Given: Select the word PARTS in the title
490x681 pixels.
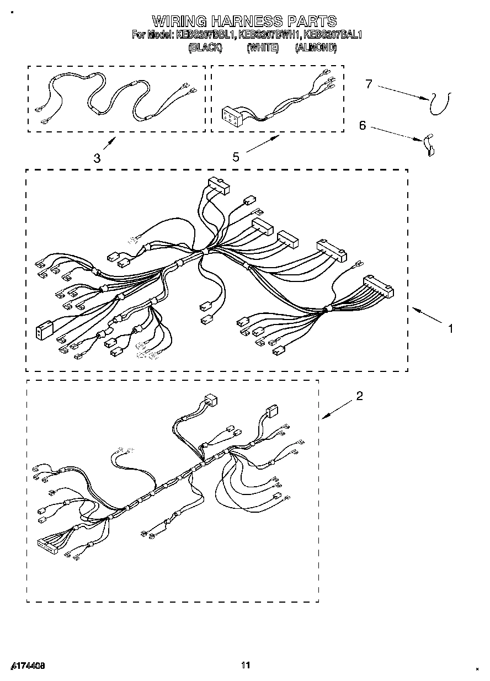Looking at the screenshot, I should (x=312, y=22).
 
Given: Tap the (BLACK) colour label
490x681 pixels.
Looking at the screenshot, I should (x=205, y=48).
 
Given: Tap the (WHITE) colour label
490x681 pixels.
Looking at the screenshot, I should (x=262, y=48).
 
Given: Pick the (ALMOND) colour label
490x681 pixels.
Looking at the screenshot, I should (x=316, y=48).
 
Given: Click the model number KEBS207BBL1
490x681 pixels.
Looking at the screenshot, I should (x=206, y=35).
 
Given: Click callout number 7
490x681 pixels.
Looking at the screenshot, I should (x=369, y=84).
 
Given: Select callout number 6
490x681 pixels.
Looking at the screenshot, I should (x=363, y=125).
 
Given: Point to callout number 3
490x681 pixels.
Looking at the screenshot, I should (x=97, y=158).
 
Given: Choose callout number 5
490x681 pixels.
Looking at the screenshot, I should (x=236, y=157).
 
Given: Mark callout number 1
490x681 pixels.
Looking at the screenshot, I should (x=450, y=328).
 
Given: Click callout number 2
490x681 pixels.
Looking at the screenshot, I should (x=359, y=396).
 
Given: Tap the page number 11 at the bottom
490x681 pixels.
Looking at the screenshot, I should (x=246, y=665).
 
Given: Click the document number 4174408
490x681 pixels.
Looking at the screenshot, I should (x=27, y=666).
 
